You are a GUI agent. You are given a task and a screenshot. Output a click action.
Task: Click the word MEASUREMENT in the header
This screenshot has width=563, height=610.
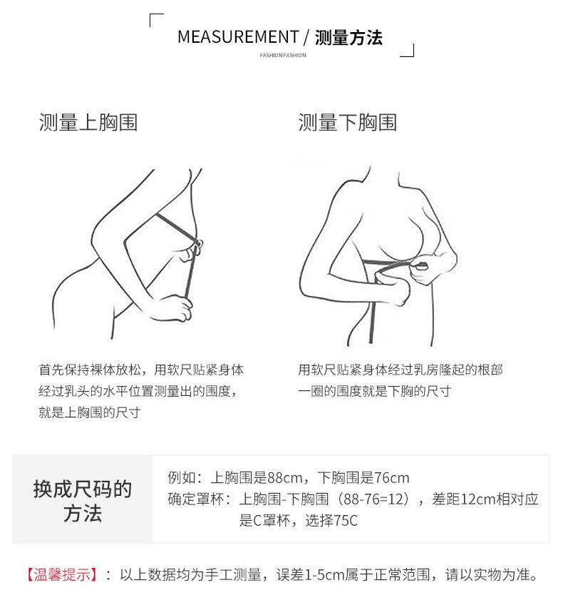[x=237, y=37]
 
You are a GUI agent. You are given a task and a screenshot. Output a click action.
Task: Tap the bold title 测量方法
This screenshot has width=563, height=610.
[x=348, y=38]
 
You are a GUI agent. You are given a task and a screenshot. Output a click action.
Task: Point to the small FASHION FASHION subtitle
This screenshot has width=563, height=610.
[x=283, y=56]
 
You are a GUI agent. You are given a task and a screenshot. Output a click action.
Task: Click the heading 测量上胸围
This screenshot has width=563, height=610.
[x=88, y=123]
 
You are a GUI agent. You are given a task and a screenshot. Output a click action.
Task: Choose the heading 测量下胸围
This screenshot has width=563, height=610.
[x=348, y=123]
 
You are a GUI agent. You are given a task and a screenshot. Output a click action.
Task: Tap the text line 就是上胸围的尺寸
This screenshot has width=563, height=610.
[x=89, y=412]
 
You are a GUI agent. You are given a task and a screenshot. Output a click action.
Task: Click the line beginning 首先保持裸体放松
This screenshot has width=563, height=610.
[x=141, y=370]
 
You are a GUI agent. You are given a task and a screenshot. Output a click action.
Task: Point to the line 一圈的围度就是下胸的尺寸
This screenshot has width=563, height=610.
[x=374, y=391]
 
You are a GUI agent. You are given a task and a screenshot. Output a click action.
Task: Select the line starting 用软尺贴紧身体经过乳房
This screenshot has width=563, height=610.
[x=401, y=370]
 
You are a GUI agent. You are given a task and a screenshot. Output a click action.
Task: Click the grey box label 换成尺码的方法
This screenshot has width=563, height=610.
[x=83, y=501]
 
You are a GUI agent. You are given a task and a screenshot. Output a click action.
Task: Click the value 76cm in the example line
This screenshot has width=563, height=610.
[x=391, y=478]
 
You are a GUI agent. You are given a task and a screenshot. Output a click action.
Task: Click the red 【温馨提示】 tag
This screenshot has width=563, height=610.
[x=61, y=574]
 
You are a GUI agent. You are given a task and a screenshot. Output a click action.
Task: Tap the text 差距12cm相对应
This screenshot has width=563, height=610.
[x=485, y=499]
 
